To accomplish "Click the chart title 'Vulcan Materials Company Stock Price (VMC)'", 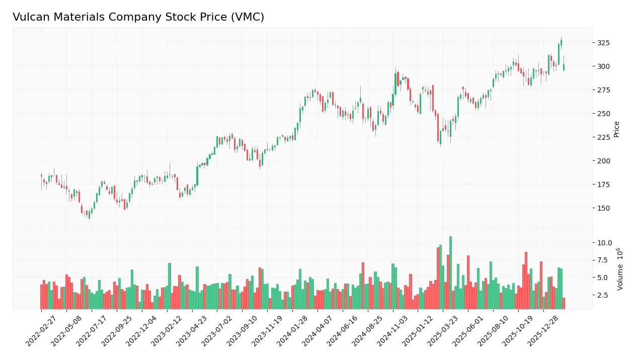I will [x=138, y=17].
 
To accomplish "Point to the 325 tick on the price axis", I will [x=603, y=43].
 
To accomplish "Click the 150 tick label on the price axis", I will [x=603, y=208].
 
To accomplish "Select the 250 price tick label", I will [x=603, y=114].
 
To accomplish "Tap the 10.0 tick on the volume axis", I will [x=604, y=243].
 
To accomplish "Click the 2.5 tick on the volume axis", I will [x=604, y=295].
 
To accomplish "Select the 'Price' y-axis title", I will [x=616, y=129].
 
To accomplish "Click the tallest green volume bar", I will [x=450, y=273].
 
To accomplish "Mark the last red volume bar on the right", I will [x=564, y=303].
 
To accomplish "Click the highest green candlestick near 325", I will [x=561, y=43].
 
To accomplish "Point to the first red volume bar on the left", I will [x=41, y=297].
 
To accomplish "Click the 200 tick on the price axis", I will [x=603, y=161].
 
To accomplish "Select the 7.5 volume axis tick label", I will [x=604, y=260].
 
